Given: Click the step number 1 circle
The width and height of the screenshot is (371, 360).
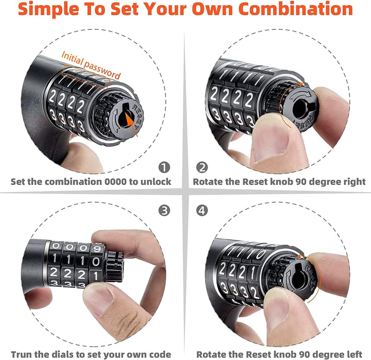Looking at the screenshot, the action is pyautogui.click(x=164, y=167).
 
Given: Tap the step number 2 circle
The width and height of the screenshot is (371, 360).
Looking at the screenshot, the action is pyautogui.click(x=202, y=167).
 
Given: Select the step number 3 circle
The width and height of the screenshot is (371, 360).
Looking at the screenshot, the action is pyautogui.click(x=164, y=210).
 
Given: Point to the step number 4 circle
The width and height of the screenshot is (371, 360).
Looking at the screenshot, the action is pyautogui.click(x=202, y=210).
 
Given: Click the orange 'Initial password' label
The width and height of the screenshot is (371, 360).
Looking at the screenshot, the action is pyautogui.click(x=91, y=65).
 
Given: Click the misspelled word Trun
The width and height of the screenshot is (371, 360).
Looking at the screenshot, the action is pyautogui.click(x=21, y=354).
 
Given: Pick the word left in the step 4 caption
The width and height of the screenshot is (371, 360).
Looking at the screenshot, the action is pyautogui.click(x=353, y=354).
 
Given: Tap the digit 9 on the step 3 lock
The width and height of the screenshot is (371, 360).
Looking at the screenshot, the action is pyautogui.click(x=97, y=249).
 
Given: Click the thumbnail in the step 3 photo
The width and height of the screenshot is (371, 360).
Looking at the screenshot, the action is pyautogui.click(x=98, y=299).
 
